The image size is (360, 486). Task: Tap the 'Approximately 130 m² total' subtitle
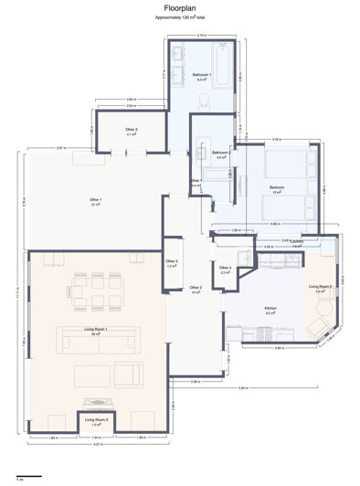(x=180, y=17)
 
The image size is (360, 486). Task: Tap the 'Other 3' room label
(x=132, y=130)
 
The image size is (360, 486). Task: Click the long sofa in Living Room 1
(x=96, y=341)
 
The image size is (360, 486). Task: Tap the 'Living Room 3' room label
(x=96, y=420)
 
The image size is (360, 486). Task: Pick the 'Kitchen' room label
(x=270, y=309)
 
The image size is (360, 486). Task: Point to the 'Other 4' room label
(x=225, y=268)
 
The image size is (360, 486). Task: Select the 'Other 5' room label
(x=172, y=262)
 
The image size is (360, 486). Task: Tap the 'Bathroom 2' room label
(x=220, y=153)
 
